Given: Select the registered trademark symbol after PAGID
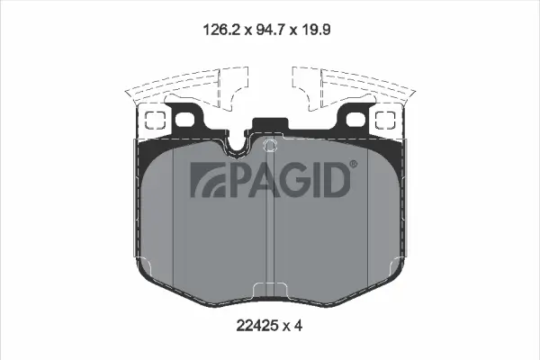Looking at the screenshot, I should tap(352, 165).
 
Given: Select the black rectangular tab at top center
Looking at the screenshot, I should tap(270, 126).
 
